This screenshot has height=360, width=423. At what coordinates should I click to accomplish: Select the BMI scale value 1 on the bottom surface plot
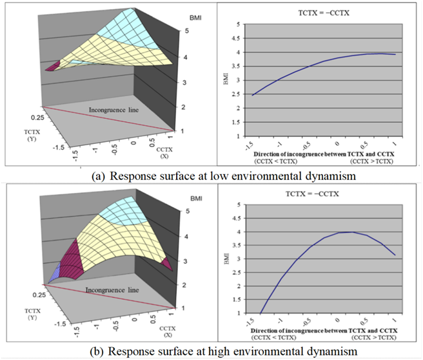pyautogui.click(x=184, y=308)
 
